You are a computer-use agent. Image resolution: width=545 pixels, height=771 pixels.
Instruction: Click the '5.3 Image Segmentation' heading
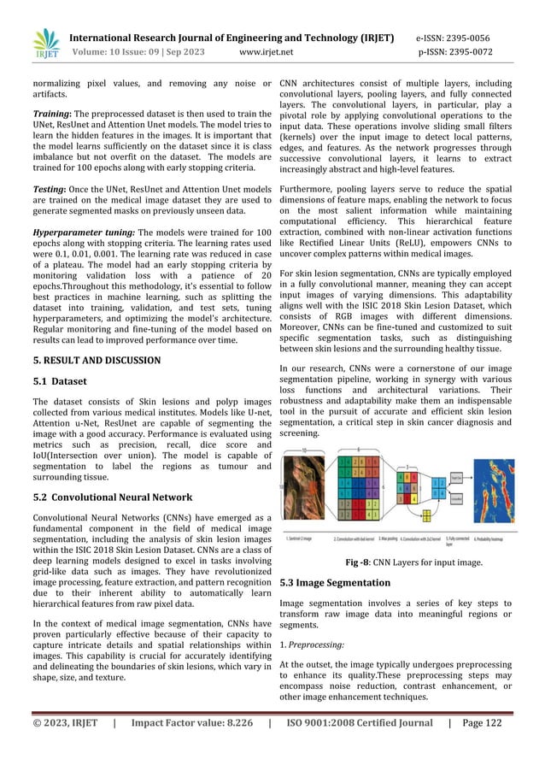pos(335,582)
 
